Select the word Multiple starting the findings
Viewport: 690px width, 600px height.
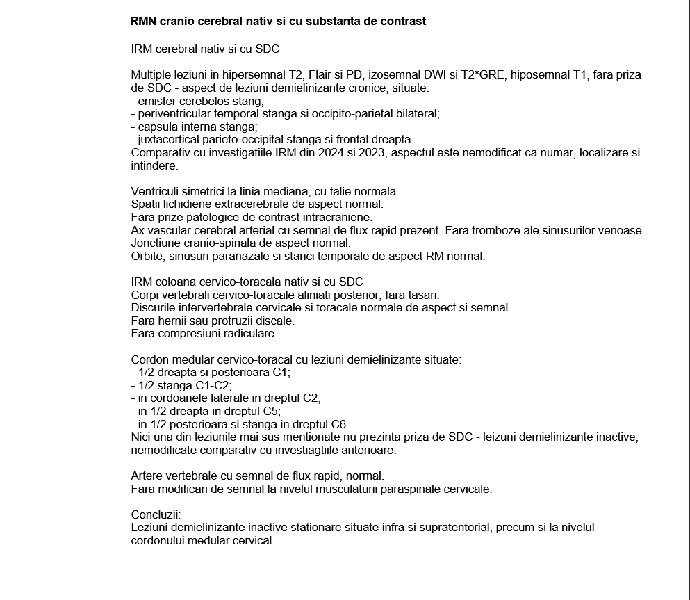click(151, 75)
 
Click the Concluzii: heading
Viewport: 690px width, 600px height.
click(156, 514)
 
